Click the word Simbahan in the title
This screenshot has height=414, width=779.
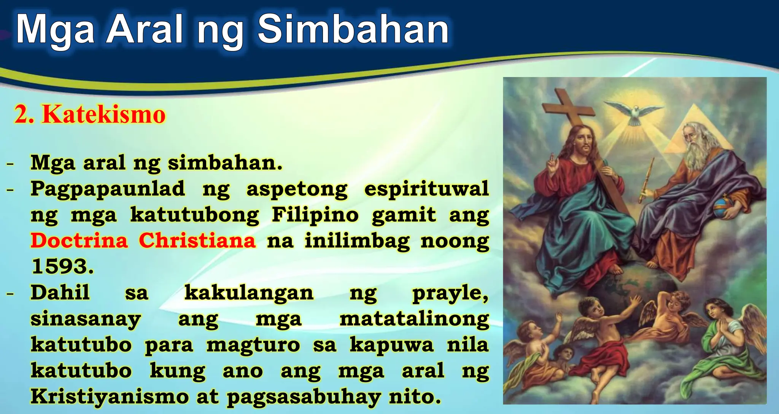(x=353, y=30)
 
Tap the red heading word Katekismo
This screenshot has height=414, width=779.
(x=103, y=114)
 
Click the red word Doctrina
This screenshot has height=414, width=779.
(x=79, y=240)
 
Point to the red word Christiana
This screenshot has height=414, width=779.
(x=197, y=240)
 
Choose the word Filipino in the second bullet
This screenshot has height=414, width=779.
(x=315, y=215)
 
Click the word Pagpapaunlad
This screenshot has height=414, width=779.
(x=108, y=189)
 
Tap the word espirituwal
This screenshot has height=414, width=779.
(x=426, y=189)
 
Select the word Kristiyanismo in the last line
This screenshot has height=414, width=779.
(x=110, y=396)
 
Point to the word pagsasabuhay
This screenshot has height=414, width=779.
(x=304, y=397)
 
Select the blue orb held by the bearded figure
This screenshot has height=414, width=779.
(x=723, y=207)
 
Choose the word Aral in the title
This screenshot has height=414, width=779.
(x=145, y=30)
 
